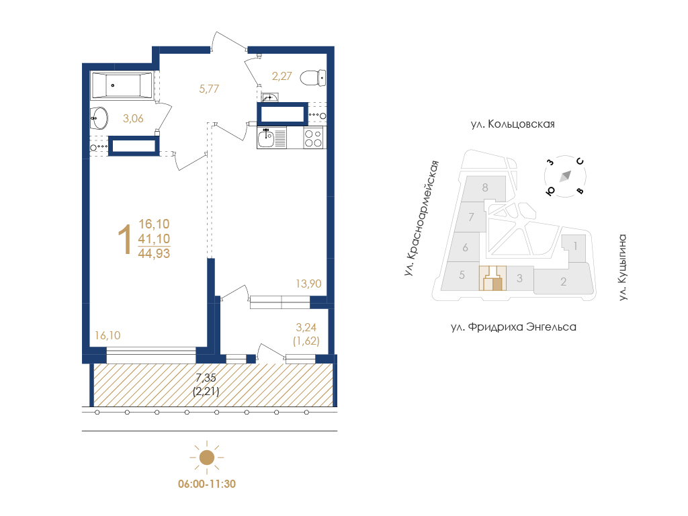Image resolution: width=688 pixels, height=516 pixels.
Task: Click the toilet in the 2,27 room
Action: pyautogui.click(x=313, y=78)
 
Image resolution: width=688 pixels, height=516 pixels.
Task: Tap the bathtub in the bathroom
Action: pyautogui.click(x=122, y=85)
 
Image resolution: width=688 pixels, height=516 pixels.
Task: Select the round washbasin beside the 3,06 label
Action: pyautogui.click(x=99, y=118)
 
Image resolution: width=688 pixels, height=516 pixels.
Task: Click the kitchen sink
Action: pyautogui.click(x=266, y=138)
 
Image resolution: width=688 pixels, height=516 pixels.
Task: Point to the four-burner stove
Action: pyautogui.click(x=314, y=138)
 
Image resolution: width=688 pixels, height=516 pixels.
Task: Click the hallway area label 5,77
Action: pyautogui.click(x=209, y=89)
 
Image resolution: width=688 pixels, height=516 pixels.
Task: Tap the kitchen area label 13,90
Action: pyautogui.click(x=308, y=284)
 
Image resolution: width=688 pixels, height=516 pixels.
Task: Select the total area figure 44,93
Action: pyautogui.click(x=154, y=253)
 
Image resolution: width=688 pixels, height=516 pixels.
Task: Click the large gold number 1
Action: pyautogui.click(x=125, y=239)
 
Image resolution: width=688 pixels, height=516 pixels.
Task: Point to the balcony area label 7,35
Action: pyautogui.click(x=206, y=378)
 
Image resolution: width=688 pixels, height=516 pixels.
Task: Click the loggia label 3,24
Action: pyautogui.click(x=306, y=327)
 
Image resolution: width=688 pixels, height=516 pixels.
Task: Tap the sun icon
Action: pyautogui.click(x=207, y=458)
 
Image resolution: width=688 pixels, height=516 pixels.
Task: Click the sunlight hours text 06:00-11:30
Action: pyautogui.click(x=207, y=484)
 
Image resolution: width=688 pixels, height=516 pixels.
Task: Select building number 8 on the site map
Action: pyautogui.click(x=485, y=188)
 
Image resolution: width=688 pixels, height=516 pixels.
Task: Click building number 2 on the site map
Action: pyautogui.click(x=564, y=282)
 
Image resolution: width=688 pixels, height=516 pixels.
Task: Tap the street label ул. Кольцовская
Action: pyautogui.click(x=513, y=124)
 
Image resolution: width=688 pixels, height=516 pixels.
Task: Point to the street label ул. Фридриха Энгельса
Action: pyautogui.click(x=513, y=327)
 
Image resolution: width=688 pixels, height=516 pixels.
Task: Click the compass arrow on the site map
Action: pyautogui.click(x=565, y=176)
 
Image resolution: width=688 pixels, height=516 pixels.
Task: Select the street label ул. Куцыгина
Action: pyautogui.click(x=623, y=267)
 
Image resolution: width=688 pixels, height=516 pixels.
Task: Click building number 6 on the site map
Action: pyautogui.click(x=465, y=247)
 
